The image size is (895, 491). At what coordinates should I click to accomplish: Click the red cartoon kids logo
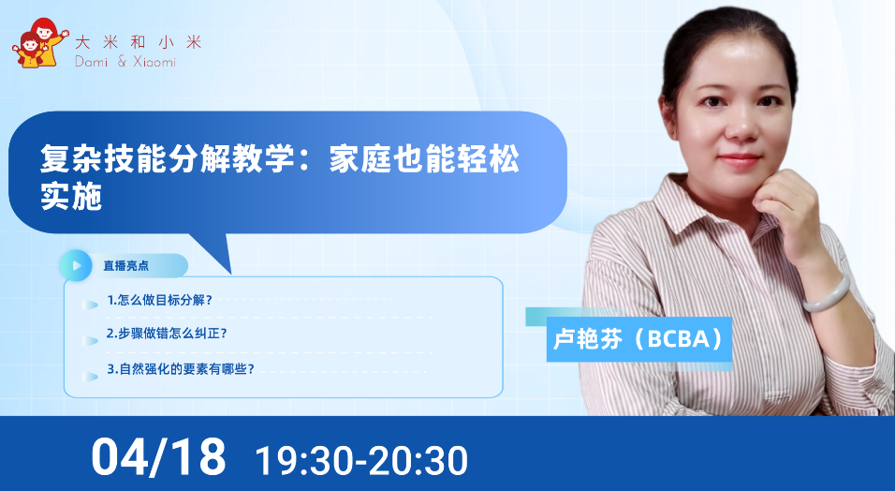[x=40, y=43]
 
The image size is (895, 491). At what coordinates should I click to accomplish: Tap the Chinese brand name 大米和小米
[x=139, y=42]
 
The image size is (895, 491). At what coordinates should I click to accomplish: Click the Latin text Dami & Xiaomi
[x=125, y=61]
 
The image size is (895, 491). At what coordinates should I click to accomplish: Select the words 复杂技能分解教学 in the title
[x=168, y=158]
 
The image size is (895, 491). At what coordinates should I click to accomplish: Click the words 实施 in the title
[x=71, y=196]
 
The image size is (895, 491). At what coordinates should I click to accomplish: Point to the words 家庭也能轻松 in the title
[x=424, y=158]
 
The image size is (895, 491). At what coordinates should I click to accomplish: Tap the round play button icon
[x=76, y=265]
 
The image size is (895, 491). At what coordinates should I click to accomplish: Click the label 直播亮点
[x=125, y=266]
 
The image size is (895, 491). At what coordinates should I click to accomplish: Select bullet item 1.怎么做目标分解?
[x=159, y=300]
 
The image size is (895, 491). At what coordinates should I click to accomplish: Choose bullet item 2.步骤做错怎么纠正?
[x=167, y=334]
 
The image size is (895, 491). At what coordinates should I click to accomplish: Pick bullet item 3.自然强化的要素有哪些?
[x=181, y=369]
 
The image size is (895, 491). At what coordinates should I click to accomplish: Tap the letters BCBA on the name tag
[x=678, y=339]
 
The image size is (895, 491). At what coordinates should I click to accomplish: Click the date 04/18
[x=158, y=456]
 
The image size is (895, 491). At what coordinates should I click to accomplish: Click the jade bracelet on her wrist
[x=827, y=294]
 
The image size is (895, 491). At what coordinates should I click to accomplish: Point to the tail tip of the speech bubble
[x=231, y=274]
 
